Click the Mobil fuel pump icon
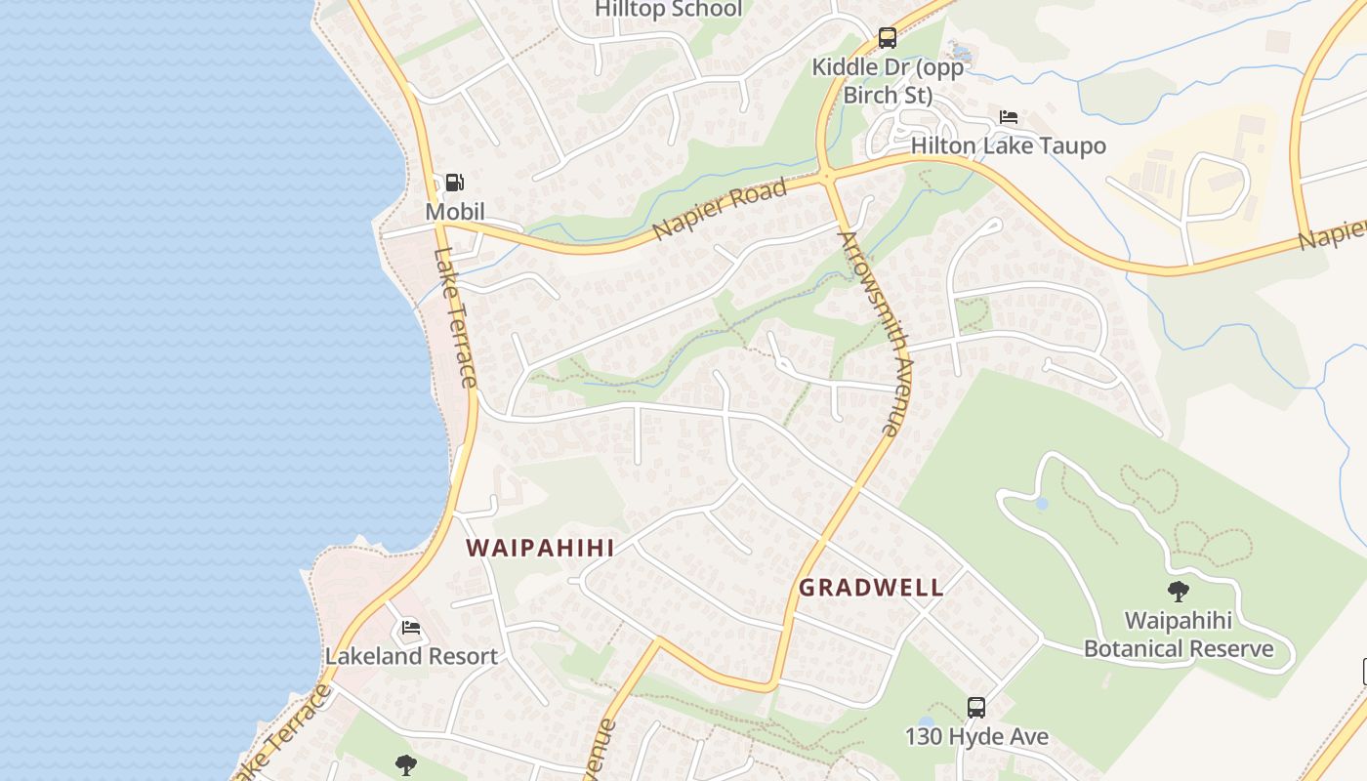click(x=454, y=183)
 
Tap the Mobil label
click(x=454, y=212)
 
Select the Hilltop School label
click(x=669, y=10)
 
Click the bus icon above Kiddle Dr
click(x=887, y=38)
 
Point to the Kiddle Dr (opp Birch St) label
click(x=888, y=81)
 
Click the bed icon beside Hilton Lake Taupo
click(x=1009, y=118)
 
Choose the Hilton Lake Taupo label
click(x=1009, y=146)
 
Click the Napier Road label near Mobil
click(x=720, y=209)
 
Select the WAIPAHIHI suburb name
click(x=541, y=548)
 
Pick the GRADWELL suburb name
click(x=871, y=588)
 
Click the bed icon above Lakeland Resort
click(x=411, y=628)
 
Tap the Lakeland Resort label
click(x=411, y=656)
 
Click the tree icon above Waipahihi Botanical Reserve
click(x=1179, y=591)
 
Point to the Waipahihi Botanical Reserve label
click(x=1179, y=635)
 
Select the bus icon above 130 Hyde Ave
click(x=976, y=708)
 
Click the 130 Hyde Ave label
click(x=976, y=736)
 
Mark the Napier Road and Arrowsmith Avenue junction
click(x=828, y=177)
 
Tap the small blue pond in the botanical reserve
click(x=1042, y=504)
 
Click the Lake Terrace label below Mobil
click(x=456, y=317)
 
